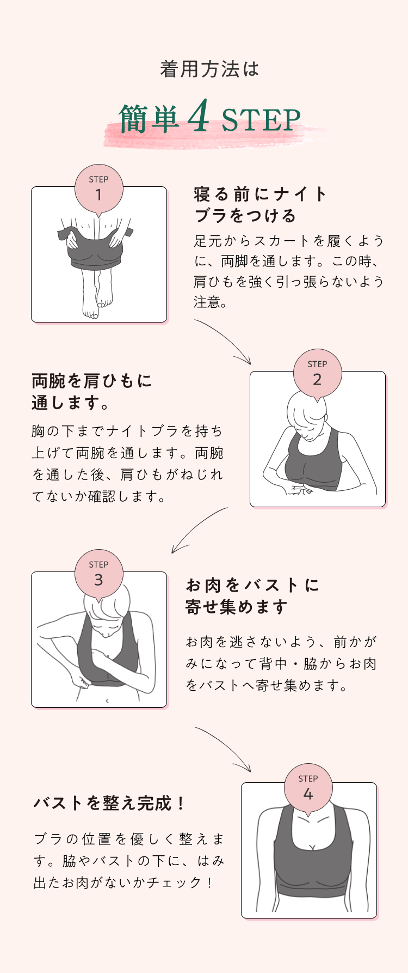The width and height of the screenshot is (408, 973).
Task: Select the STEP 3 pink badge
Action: click(98, 574)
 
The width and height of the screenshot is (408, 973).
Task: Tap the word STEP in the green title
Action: click(261, 121)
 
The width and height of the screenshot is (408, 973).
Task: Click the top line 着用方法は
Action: click(209, 70)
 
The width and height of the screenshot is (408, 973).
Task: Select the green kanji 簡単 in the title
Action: click(149, 119)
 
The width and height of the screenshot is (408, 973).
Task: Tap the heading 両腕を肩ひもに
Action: click(92, 381)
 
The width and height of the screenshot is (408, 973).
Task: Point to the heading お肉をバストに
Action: click(253, 585)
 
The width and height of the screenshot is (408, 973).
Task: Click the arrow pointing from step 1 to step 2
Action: click(226, 340)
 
